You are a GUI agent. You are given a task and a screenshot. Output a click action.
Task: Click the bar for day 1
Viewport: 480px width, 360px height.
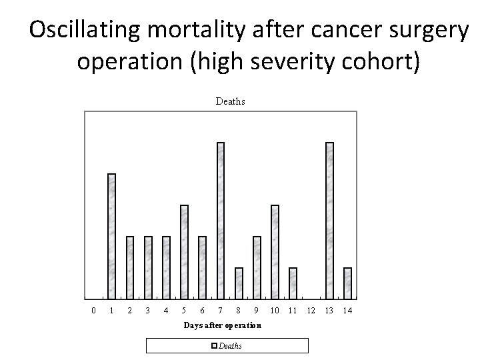(x=111, y=236)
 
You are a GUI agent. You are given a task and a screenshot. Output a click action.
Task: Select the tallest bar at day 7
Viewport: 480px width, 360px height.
(x=221, y=221)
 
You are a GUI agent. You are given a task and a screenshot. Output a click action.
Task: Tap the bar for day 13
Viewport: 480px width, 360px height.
(x=329, y=221)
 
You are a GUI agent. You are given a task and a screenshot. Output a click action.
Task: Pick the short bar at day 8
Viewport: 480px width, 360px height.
(x=239, y=283)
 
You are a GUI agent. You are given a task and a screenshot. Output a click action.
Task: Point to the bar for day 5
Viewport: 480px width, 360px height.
(x=185, y=252)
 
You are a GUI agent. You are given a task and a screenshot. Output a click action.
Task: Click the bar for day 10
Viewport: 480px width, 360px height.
(x=275, y=252)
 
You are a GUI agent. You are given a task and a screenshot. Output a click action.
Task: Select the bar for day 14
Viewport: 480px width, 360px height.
(x=347, y=283)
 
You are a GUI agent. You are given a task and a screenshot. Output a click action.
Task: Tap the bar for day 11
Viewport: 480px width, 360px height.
(x=293, y=283)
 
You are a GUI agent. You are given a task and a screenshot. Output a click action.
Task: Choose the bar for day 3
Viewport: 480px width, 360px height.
(x=148, y=267)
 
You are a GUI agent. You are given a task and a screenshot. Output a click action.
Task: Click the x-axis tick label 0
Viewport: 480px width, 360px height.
(x=93, y=311)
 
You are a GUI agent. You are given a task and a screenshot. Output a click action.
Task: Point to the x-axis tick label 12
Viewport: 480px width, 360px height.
(x=311, y=311)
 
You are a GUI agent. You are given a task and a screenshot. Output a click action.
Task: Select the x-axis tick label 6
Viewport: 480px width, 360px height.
(x=202, y=311)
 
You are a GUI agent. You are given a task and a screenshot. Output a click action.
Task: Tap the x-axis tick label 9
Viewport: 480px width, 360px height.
(x=257, y=311)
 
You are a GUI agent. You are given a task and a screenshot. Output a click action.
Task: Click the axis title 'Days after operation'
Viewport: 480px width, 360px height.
(x=223, y=325)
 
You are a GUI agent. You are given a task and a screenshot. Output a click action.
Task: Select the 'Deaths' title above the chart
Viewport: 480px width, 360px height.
(x=230, y=101)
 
